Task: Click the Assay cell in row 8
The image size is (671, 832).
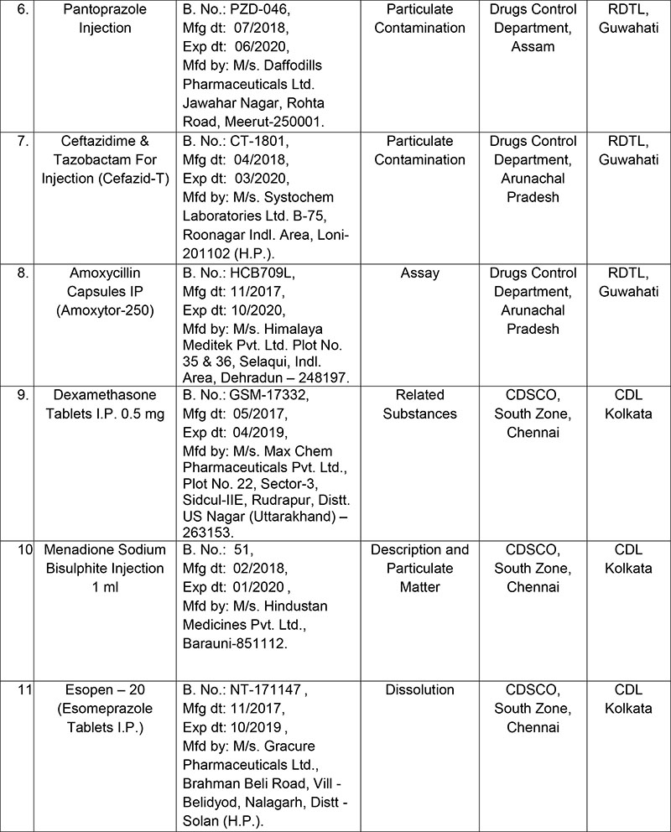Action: click(x=419, y=273)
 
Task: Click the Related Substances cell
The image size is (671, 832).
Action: click(x=419, y=405)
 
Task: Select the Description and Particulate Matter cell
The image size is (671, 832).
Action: click(x=419, y=569)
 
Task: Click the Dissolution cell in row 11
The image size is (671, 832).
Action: click(x=419, y=690)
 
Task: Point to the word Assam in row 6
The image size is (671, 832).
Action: click(x=533, y=46)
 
